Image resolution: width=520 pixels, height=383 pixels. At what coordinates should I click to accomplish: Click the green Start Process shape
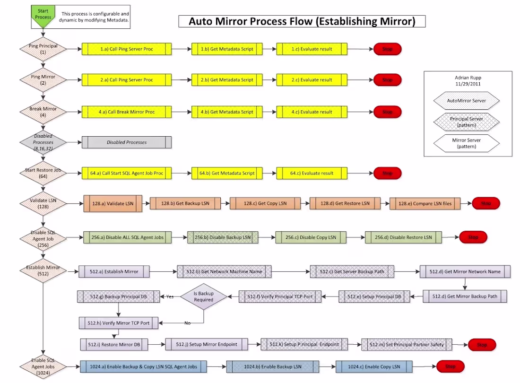[x=43, y=16]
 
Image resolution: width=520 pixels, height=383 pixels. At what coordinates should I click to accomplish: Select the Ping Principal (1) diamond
[x=43, y=49]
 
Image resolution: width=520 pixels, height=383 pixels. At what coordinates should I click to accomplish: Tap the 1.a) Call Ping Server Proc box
[x=126, y=49]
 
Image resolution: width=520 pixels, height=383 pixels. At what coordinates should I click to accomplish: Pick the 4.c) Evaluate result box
[x=312, y=112]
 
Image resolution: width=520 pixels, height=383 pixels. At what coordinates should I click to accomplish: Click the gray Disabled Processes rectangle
[x=126, y=142]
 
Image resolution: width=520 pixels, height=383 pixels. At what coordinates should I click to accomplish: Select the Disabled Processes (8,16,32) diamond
[x=43, y=142]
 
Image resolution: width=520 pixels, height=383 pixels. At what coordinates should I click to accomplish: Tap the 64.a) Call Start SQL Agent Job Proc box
[x=126, y=173]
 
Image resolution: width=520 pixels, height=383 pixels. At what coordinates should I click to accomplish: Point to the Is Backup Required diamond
[x=203, y=296]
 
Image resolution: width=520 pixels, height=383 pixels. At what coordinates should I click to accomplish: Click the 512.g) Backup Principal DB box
[x=119, y=296]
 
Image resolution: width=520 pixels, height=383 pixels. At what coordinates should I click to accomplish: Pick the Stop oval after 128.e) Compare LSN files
[x=485, y=203]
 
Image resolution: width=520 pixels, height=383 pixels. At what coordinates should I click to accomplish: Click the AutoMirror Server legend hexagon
[x=467, y=101]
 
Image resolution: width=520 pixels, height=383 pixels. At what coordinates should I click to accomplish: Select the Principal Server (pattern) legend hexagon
[x=467, y=122]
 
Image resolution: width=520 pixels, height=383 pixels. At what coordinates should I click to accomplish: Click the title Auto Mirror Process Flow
[x=302, y=21]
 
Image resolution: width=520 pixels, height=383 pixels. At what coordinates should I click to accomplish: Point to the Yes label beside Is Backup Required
[x=169, y=296]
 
